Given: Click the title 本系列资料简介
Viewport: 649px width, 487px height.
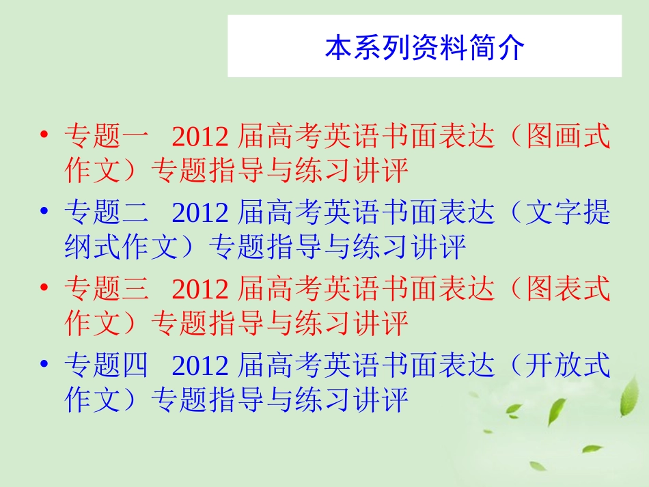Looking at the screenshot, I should click(x=424, y=48).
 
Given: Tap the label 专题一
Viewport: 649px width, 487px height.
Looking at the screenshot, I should click(x=106, y=137).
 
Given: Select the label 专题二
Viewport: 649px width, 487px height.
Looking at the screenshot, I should click(x=106, y=214).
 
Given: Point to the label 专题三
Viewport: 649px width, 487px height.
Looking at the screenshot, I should click(x=106, y=290).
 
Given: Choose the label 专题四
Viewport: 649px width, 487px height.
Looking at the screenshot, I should click(x=106, y=367).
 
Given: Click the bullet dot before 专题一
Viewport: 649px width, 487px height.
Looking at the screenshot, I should click(x=44, y=134).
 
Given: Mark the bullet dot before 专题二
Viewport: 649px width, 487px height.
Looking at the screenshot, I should click(x=44, y=211).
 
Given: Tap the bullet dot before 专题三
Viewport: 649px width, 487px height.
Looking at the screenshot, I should click(x=44, y=288).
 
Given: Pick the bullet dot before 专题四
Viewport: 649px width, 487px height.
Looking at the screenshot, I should click(x=44, y=364).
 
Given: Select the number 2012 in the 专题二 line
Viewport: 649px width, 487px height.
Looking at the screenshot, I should click(x=199, y=214).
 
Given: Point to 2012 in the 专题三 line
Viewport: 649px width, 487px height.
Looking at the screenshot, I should click(x=199, y=291).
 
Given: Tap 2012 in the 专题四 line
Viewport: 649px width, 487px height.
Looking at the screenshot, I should click(x=199, y=367).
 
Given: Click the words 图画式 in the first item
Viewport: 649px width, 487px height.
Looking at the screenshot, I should click(x=568, y=137).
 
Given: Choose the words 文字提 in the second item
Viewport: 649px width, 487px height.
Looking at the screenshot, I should click(x=568, y=214).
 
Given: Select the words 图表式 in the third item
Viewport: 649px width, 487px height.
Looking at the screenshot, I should click(x=568, y=290).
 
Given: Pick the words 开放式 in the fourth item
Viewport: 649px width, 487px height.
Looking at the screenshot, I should click(x=568, y=367).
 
